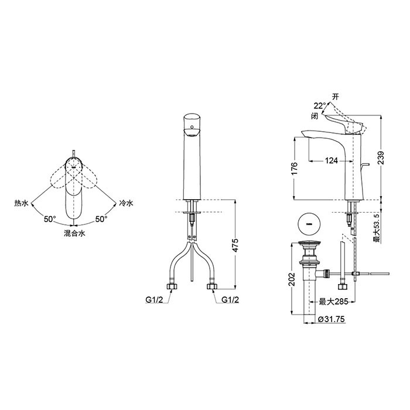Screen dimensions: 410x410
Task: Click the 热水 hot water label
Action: pyautogui.click(x=21, y=203)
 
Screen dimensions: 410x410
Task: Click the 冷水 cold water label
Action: pyautogui.click(x=126, y=203)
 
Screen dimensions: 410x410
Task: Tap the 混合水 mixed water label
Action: pyautogui.click(x=74, y=233)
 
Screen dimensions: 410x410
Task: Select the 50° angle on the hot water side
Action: pyautogui.click(x=50, y=219)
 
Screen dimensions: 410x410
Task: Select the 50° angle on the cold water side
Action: pyautogui.click(x=101, y=219)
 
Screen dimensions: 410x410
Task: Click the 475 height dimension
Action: pyautogui.click(x=235, y=245)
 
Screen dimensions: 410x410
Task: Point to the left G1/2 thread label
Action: pyautogui.click(x=154, y=300)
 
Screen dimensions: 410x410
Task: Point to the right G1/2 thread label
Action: pyautogui.click(x=230, y=300)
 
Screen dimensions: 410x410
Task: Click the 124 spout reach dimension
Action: pyautogui.click(x=332, y=160)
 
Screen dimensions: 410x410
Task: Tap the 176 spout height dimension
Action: pyautogui.click(x=295, y=169)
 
